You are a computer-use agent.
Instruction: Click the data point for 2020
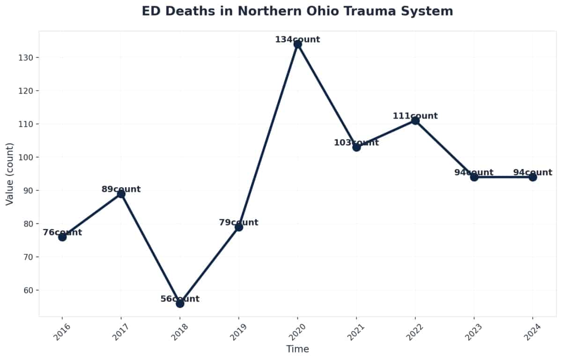pyautogui.click(x=297, y=44)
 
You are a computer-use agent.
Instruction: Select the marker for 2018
pyautogui.click(x=180, y=303)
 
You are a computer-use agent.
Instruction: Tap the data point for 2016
pyautogui.click(x=62, y=237)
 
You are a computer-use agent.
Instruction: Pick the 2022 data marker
pyautogui.click(x=415, y=121)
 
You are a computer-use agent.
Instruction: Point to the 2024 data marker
pyautogui.click(x=532, y=177)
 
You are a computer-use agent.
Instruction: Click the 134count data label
pyautogui.click(x=297, y=40)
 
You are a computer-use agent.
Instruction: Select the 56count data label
pyautogui.click(x=180, y=299)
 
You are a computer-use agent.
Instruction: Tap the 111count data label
pyautogui.click(x=415, y=116)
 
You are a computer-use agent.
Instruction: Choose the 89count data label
pyautogui.click(x=121, y=189)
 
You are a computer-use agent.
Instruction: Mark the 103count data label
pyautogui.click(x=356, y=143)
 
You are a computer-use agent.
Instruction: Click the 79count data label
pyautogui.click(x=238, y=222)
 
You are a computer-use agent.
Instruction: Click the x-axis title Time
pyautogui.click(x=297, y=349)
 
